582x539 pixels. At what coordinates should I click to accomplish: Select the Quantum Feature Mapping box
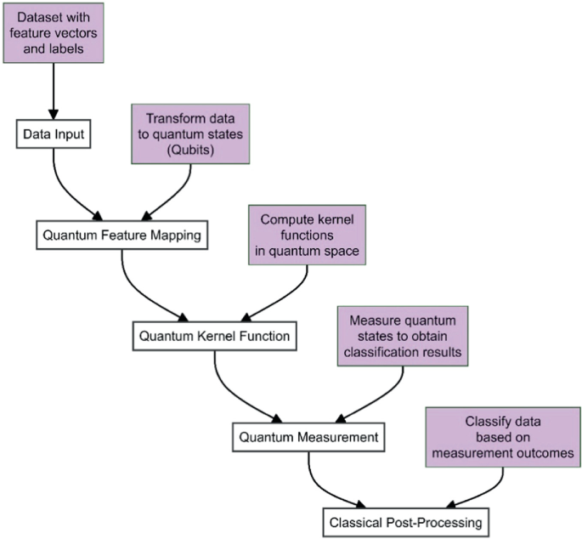pyautogui.click(x=122, y=235)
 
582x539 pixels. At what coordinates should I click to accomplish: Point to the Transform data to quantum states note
pyautogui.click(x=190, y=134)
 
